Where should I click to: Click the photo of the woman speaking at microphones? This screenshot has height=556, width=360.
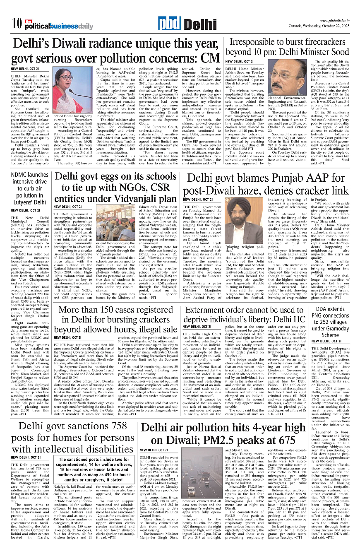click(67, 90)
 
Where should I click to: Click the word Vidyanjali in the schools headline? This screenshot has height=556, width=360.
click(137, 198)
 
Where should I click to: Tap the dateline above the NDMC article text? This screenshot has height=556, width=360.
click(25, 210)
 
